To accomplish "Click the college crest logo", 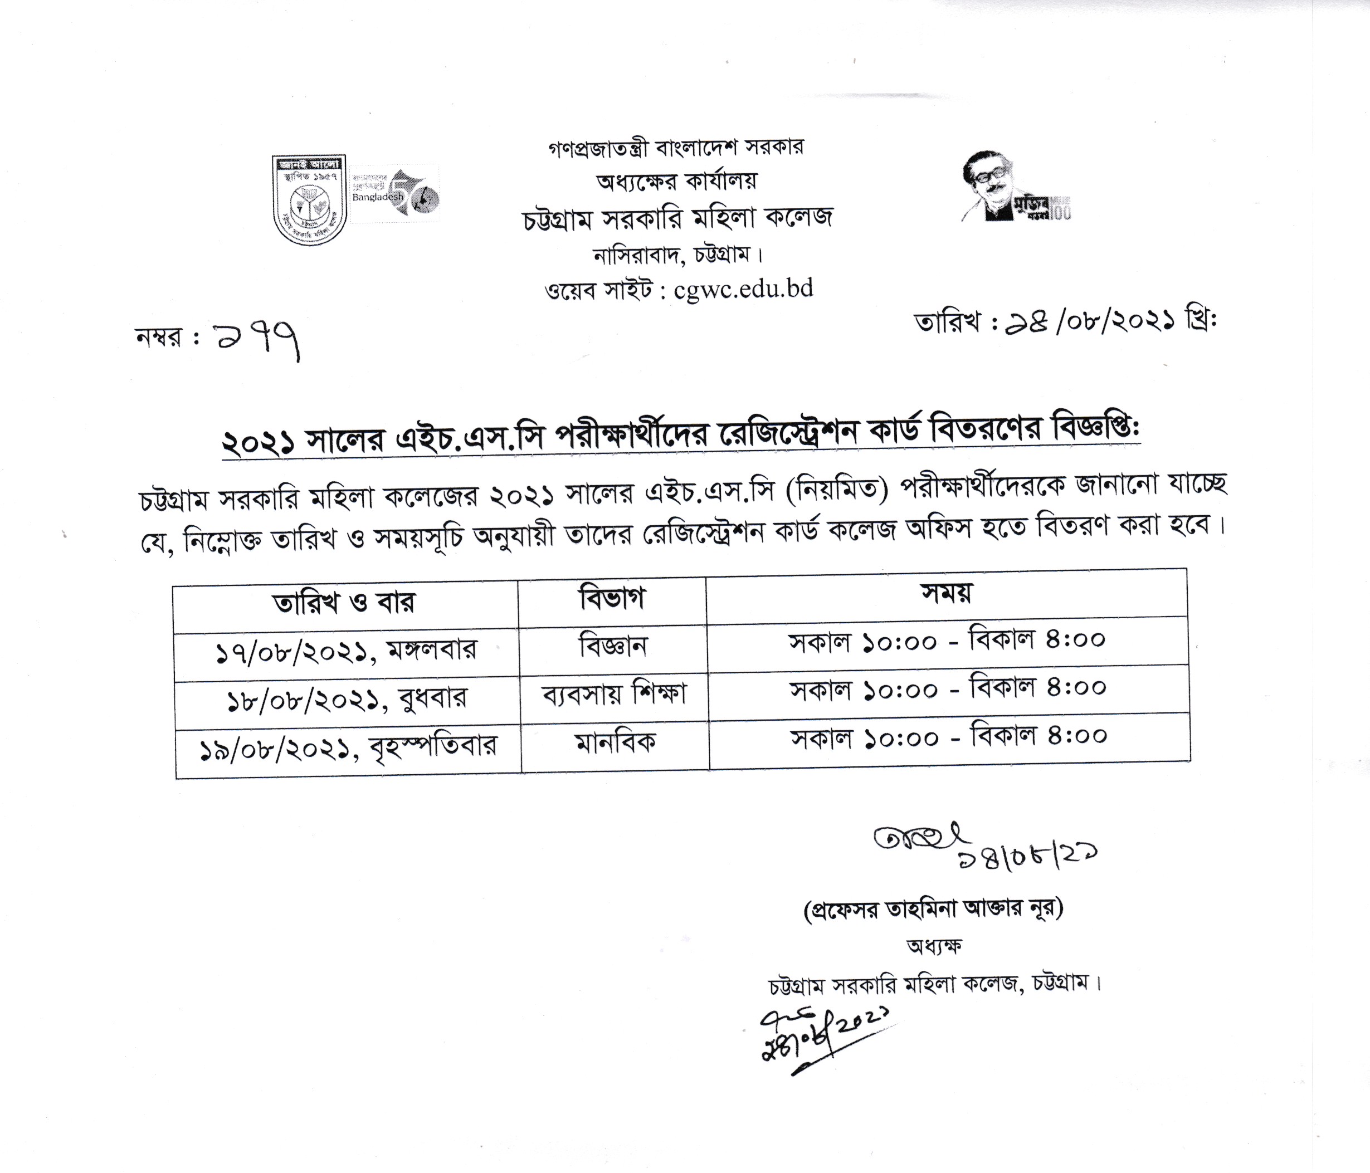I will pyautogui.click(x=309, y=199).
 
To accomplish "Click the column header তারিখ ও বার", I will pyautogui.click(x=344, y=603).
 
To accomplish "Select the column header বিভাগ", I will pyautogui.click(x=612, y=599).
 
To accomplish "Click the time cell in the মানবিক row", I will pyautogui.click(x=949, y=737).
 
